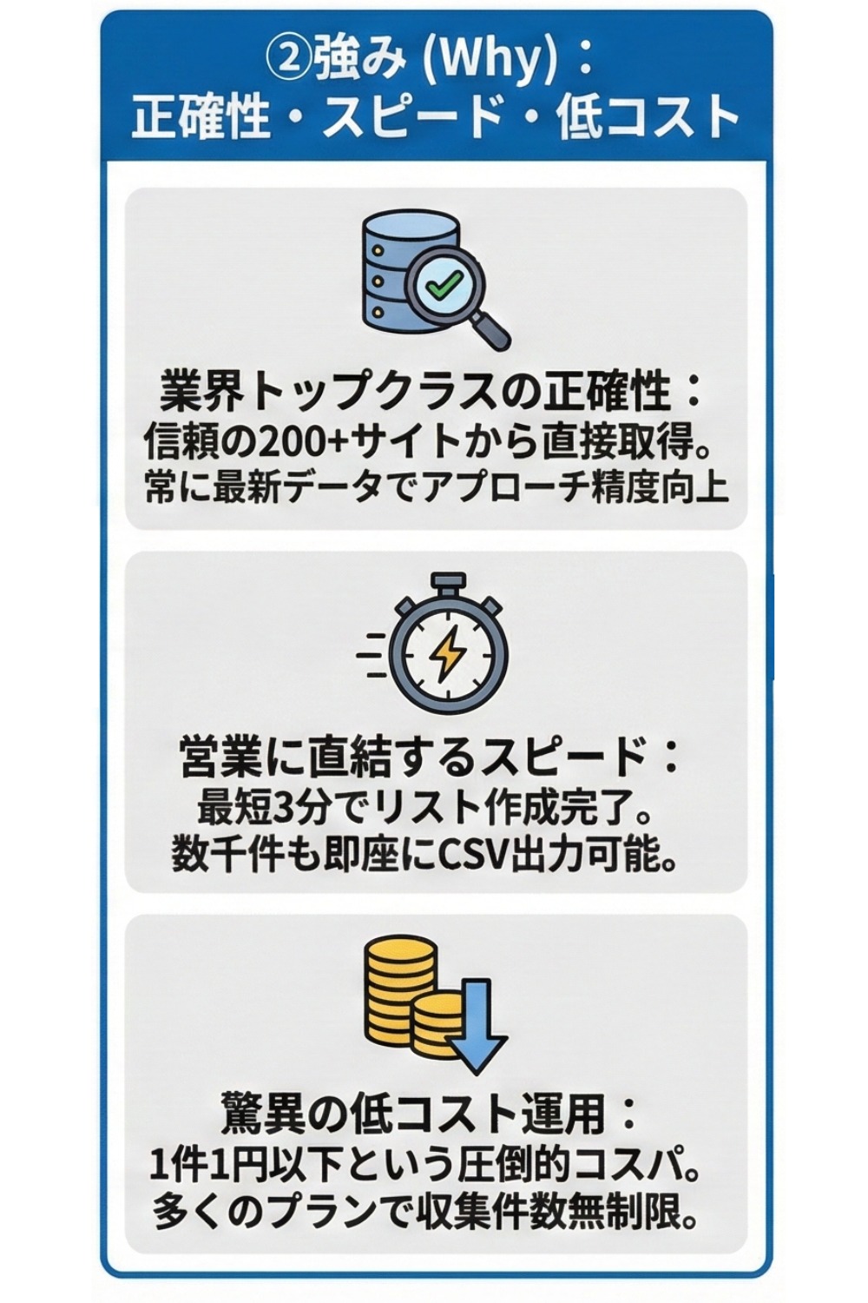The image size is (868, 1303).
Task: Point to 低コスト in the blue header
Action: coord(646,118)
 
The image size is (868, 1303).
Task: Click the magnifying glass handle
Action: coord(492,333)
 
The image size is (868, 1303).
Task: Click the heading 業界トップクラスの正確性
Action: coord(417,392)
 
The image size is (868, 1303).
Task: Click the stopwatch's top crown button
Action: coord(448,581)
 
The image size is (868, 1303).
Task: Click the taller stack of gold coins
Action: coord(398,990)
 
